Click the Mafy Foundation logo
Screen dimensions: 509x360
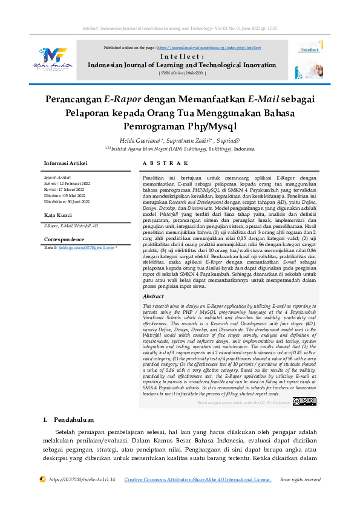tap(59, 60)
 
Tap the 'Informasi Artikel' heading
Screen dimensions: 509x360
tap(66, 163)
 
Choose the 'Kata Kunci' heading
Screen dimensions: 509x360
tap(58, 215)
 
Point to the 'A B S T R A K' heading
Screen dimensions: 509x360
tap(165, 163)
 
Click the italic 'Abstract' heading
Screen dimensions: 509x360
tap(153, 297)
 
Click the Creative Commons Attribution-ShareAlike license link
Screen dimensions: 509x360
tap(197, 479)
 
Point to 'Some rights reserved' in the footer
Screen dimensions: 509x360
tap(300, 479)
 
